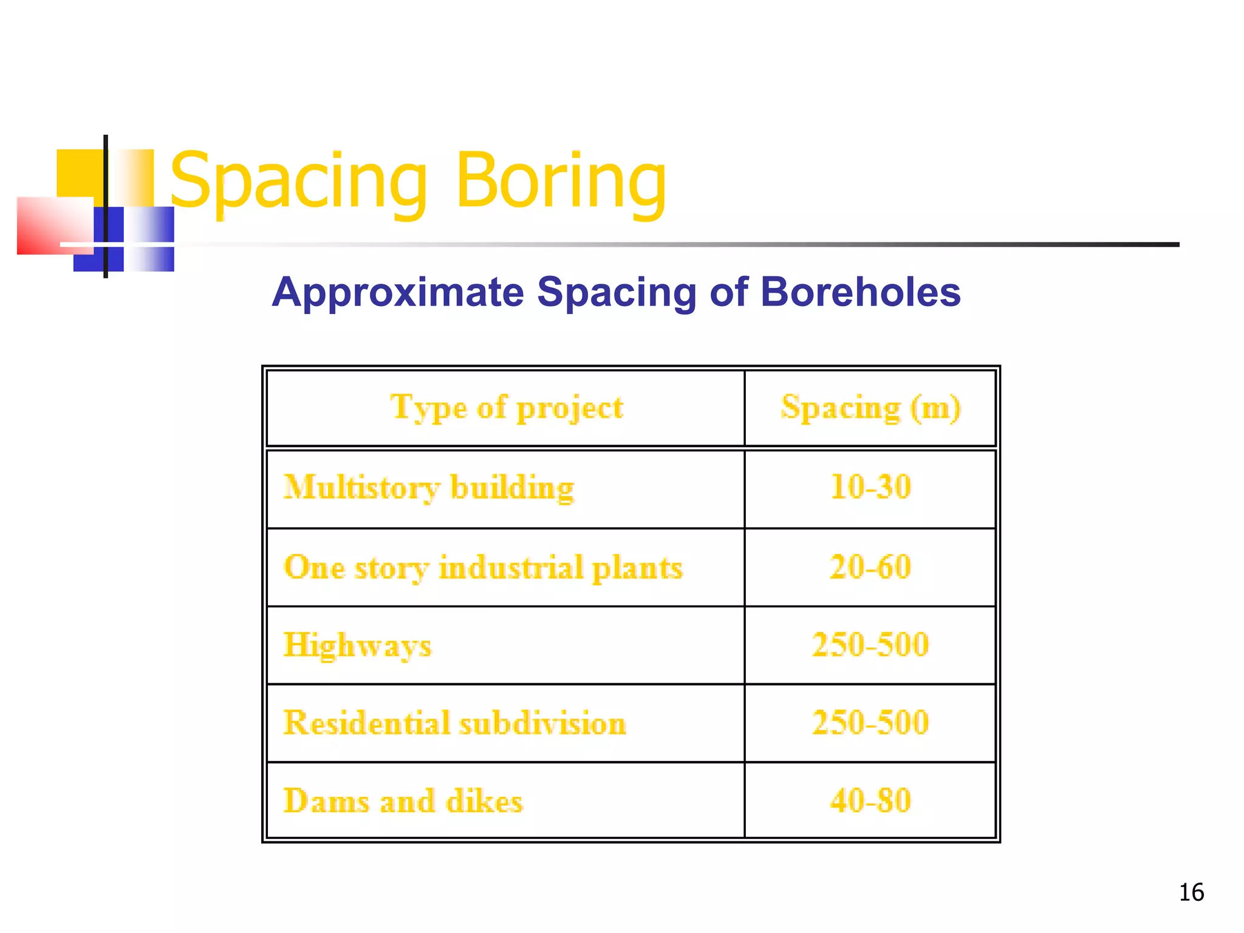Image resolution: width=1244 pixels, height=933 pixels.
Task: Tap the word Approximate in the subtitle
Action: coord(397,292)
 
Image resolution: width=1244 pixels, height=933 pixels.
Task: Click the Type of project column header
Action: coord(507,407)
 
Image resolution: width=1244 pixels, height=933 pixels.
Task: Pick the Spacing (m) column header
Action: coord(870,407)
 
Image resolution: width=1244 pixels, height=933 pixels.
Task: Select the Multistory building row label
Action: coord(429,488)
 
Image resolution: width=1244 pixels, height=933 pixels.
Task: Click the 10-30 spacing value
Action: coord(870,487)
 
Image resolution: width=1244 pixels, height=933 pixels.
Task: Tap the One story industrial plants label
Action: coord(483,568)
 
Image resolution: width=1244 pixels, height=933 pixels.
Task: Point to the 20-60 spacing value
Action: coord(870,567)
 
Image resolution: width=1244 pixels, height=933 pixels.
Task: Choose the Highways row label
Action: coord(357,645)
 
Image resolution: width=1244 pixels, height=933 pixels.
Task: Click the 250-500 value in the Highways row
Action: coord(870,644)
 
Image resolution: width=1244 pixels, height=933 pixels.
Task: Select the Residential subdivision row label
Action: coord(454,723)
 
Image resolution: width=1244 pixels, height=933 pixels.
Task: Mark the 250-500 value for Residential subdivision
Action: coord(870,722)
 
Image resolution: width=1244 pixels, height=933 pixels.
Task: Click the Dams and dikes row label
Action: coord(403,801)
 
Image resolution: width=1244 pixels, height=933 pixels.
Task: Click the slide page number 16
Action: coord(1191,892)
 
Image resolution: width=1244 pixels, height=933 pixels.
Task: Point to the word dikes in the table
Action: coord(484,801)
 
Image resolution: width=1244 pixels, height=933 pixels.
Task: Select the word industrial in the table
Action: coord(511,568)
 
